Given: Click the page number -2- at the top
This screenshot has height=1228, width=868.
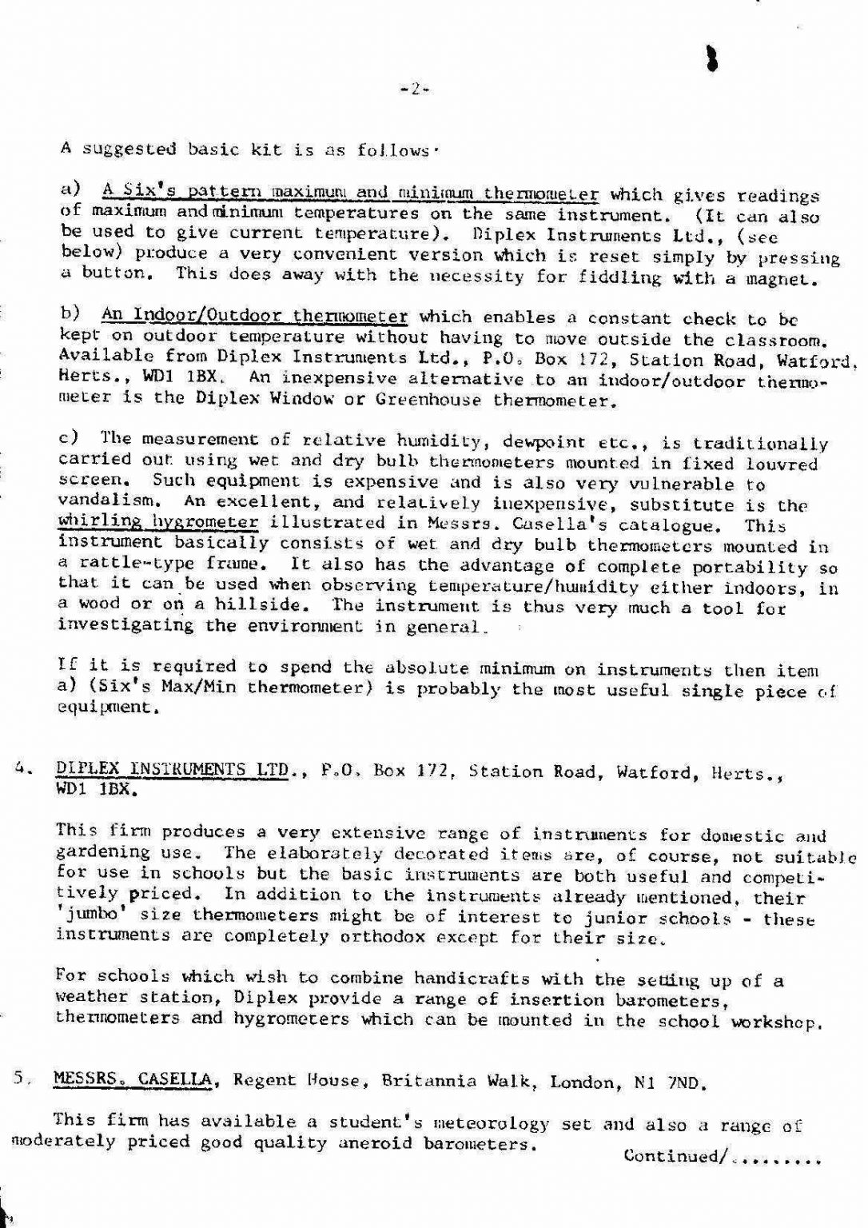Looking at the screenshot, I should [x=415, y=90].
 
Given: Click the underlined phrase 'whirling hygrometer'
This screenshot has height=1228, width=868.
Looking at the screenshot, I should [x=158, y=522].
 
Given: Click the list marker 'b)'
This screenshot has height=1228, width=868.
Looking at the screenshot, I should [x=71, y=315].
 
